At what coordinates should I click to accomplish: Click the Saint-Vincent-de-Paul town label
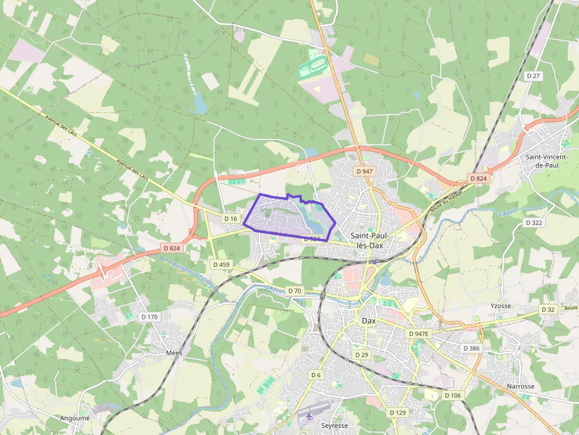point(545,161)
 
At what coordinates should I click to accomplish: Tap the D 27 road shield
point(534,76)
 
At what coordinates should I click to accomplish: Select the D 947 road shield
point(365,171)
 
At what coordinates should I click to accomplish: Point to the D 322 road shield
point(534,223)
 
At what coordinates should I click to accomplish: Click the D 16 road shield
point(231,219)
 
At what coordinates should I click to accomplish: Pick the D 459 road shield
point(221,264)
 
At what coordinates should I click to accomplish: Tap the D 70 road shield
point(294,290)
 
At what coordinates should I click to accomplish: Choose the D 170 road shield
point(149,317)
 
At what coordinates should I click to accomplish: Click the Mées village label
point(174,352)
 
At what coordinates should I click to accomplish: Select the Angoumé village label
point(74,418)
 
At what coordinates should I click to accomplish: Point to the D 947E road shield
point(419,333)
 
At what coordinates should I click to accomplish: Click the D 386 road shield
point(471,348)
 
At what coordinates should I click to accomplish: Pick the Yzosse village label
point(500,306)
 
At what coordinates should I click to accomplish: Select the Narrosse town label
point(521,386)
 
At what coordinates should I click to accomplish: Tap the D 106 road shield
point(452,395)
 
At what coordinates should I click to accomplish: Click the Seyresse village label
point(334,425)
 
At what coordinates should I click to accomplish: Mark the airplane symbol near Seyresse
point(310,416)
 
